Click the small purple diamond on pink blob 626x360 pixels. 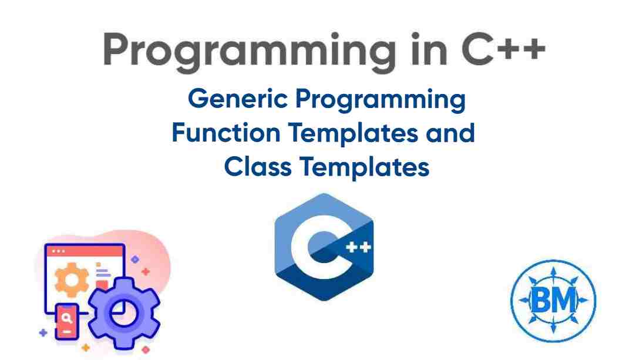click(x=136, y=259)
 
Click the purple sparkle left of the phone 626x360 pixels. click(x=42, y=333)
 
